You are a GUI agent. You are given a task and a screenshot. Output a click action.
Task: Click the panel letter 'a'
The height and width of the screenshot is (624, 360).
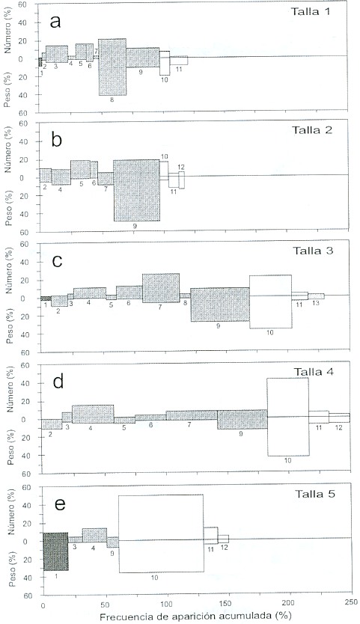point(55,22)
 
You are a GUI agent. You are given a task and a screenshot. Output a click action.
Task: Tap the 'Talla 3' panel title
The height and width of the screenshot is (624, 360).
point(313,251)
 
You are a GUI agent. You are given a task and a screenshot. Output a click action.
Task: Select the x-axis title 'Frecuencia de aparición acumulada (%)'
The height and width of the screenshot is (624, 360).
point(193,617)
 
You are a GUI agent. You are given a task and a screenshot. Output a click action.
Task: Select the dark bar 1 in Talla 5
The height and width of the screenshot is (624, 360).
point(55,551)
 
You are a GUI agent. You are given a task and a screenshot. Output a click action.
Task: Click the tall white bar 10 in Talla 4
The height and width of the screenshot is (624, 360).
point(288,417)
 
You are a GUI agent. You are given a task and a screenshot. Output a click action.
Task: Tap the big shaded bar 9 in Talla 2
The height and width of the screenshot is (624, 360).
point(137,190)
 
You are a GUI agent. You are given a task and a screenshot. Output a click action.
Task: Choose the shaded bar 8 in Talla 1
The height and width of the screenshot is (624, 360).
point(112,67)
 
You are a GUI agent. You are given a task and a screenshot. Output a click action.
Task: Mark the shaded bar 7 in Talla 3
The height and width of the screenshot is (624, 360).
point(161,288)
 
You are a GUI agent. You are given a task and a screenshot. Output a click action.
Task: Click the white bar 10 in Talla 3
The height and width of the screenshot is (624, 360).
point(271,302)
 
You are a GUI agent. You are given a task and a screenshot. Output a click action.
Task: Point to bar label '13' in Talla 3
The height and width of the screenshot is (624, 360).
point(316,304)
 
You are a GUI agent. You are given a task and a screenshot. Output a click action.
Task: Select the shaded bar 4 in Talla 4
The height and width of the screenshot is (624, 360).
point(94,414)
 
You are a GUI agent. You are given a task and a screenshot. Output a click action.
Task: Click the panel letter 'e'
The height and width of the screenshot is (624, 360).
point(60,504)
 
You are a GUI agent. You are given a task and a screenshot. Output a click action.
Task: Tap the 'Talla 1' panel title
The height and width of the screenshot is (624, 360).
point(311,11)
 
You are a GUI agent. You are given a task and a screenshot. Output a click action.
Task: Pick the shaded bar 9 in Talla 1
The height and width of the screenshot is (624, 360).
point(143,58)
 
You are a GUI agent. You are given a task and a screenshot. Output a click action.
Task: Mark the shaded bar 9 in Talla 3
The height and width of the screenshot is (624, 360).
point(220,305)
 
